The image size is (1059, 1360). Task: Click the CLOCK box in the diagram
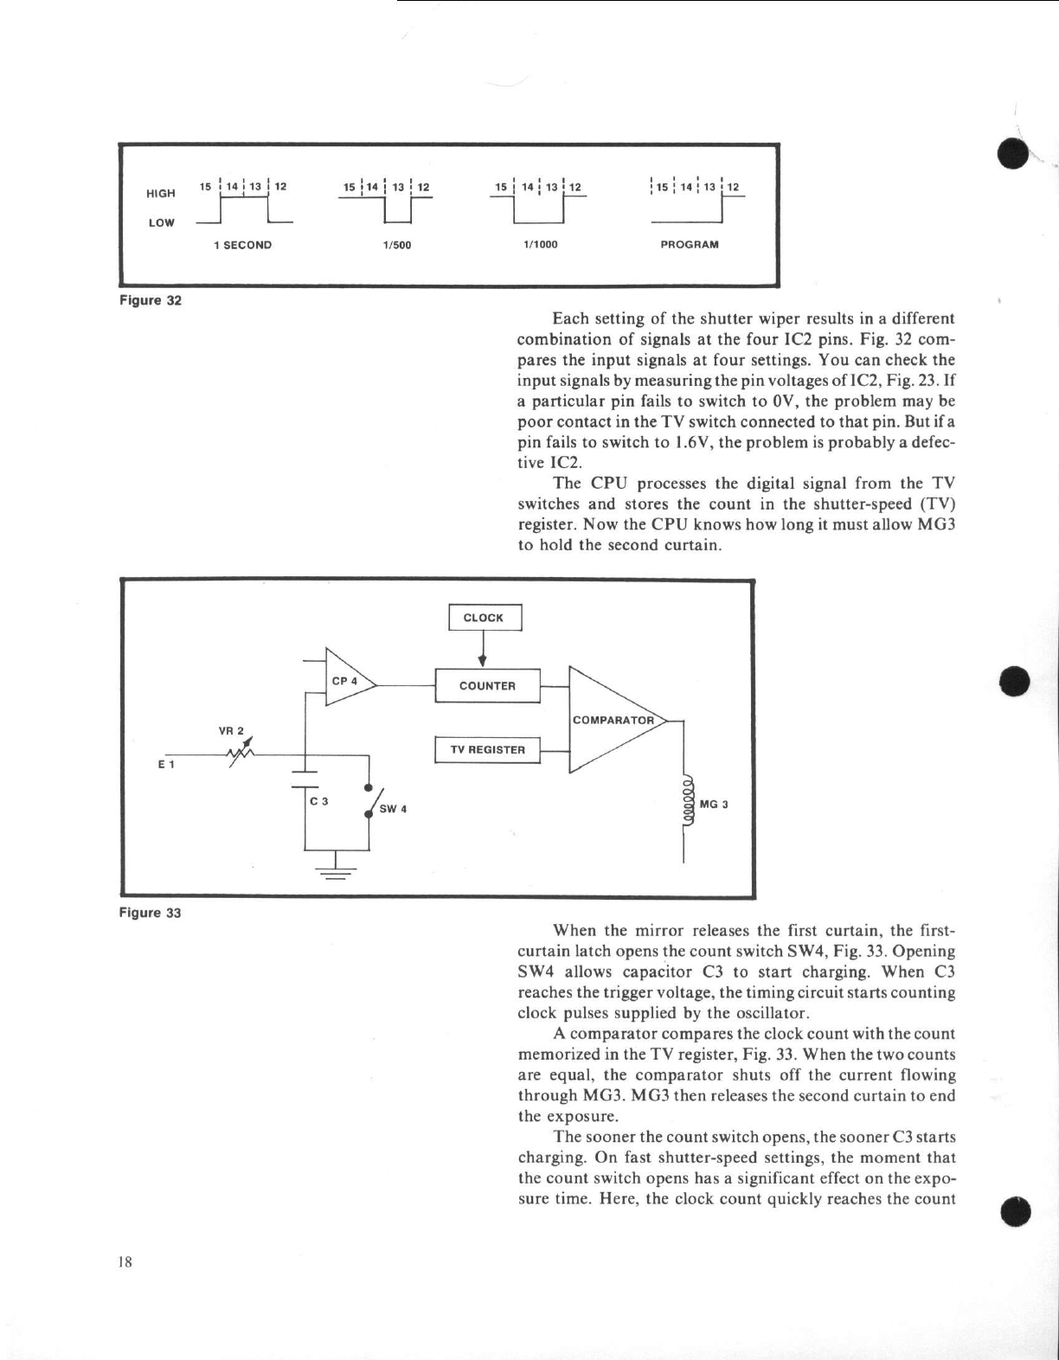click(485, 618)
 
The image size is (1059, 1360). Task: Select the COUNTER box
click(487, 686)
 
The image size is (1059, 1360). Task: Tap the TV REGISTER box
click(487, 750)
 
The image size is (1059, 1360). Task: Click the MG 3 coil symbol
click(689, 805)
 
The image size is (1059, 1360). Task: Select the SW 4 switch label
click(393, 809)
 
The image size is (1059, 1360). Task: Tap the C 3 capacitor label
click(319, 802)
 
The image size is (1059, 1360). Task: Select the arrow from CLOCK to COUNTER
click(482, 651)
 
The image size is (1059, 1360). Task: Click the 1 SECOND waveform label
click(243, 245)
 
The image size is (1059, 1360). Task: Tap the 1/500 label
click(396, 245)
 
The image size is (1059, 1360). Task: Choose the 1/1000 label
click(541, 245)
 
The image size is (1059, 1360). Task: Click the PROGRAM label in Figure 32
click(690, 245)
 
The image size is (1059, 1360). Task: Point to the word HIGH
click(161, 193)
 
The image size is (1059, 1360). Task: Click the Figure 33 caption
click(151, 913)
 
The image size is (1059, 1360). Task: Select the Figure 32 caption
click(151, 300)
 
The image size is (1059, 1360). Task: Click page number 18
click(125, 1261)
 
